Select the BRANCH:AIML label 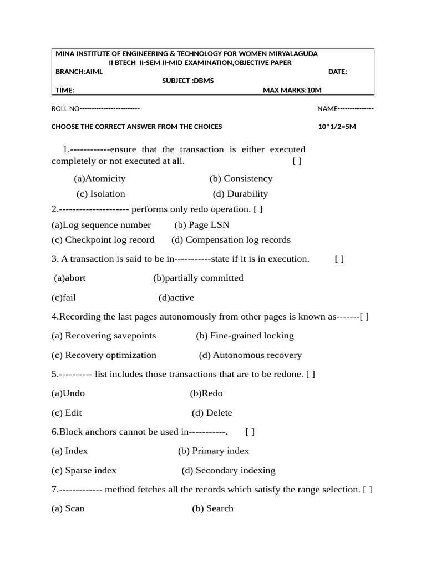(79, 72)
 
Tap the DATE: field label (338, 72)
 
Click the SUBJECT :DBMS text (187, 81)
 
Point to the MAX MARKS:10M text (292, 90)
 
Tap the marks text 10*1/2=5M (337, 127)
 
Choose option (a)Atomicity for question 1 (100, 178)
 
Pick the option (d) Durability (240, 194)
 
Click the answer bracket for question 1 (297, 161)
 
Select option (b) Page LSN (202, 225)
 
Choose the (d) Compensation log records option (231, 240)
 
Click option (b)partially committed (198, 278)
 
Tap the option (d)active (176, 298)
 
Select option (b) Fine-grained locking (245, 336)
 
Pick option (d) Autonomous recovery (250, 355)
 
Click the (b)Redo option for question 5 (206, 393)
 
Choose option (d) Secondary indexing (229, 471)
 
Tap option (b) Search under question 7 (212, 508)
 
